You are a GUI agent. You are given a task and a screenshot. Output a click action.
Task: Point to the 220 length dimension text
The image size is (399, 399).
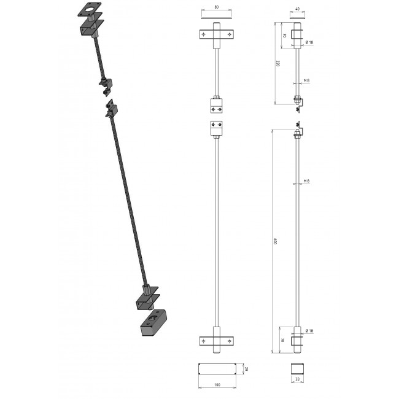coord(277,64)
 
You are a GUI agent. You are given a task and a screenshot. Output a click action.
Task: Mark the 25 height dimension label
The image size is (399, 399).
coord(246,369)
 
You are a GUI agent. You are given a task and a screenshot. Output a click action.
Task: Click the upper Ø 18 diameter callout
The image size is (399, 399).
coord(311,42)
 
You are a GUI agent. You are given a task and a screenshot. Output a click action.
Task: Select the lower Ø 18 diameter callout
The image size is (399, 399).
coord(311,331)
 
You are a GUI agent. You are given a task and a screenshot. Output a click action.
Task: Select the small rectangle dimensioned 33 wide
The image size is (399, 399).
coord(298,370)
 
